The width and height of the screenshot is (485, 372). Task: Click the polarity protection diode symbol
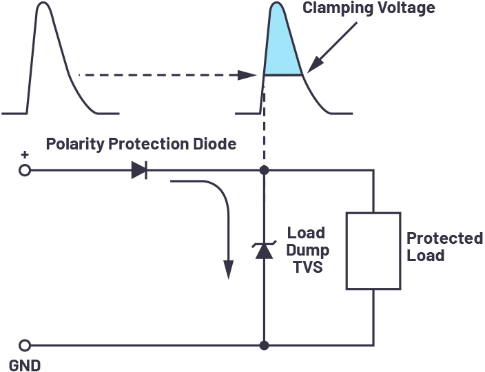pyautogui.click(x=139, y=170)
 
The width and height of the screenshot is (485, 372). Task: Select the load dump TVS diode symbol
pyautogui.click(x=264, y=250)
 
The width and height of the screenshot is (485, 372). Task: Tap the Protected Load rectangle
pyautogui.click(x=373, y=251)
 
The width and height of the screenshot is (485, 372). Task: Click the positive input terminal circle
pyautogui.click(x=25, y=170)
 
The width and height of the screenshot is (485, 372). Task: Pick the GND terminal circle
pyautogui.click(x=25, y=345)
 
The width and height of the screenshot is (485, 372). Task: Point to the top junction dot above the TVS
pyautogui.click(x=264, y=170)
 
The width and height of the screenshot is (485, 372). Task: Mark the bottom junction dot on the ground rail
pyautogui.click(x=264, y=345)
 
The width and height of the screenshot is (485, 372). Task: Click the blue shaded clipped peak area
pyautogui.click(x=281, y=46)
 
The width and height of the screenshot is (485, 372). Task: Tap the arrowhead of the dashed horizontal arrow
pyautogui.click(x=247, y=75)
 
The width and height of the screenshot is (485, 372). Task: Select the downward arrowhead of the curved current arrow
pyautogui.click(x=228, y=269)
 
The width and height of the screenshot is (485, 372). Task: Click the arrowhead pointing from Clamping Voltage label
pyautogui.click(x=315, y=65)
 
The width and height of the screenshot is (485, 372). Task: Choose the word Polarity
pyautogui.click(x=76, y=145)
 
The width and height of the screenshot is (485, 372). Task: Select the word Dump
pyautogui.click(x=307, y=251)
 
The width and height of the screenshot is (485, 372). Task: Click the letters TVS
pyautogui.click(x=308, y=267)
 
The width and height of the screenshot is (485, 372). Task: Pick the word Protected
pyautogui.click(x=444, y=238)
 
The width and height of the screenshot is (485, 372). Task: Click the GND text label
pyautogui.click(x=25, y=366)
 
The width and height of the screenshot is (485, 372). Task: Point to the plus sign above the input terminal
pyautogui.click(x=25, y=154)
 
